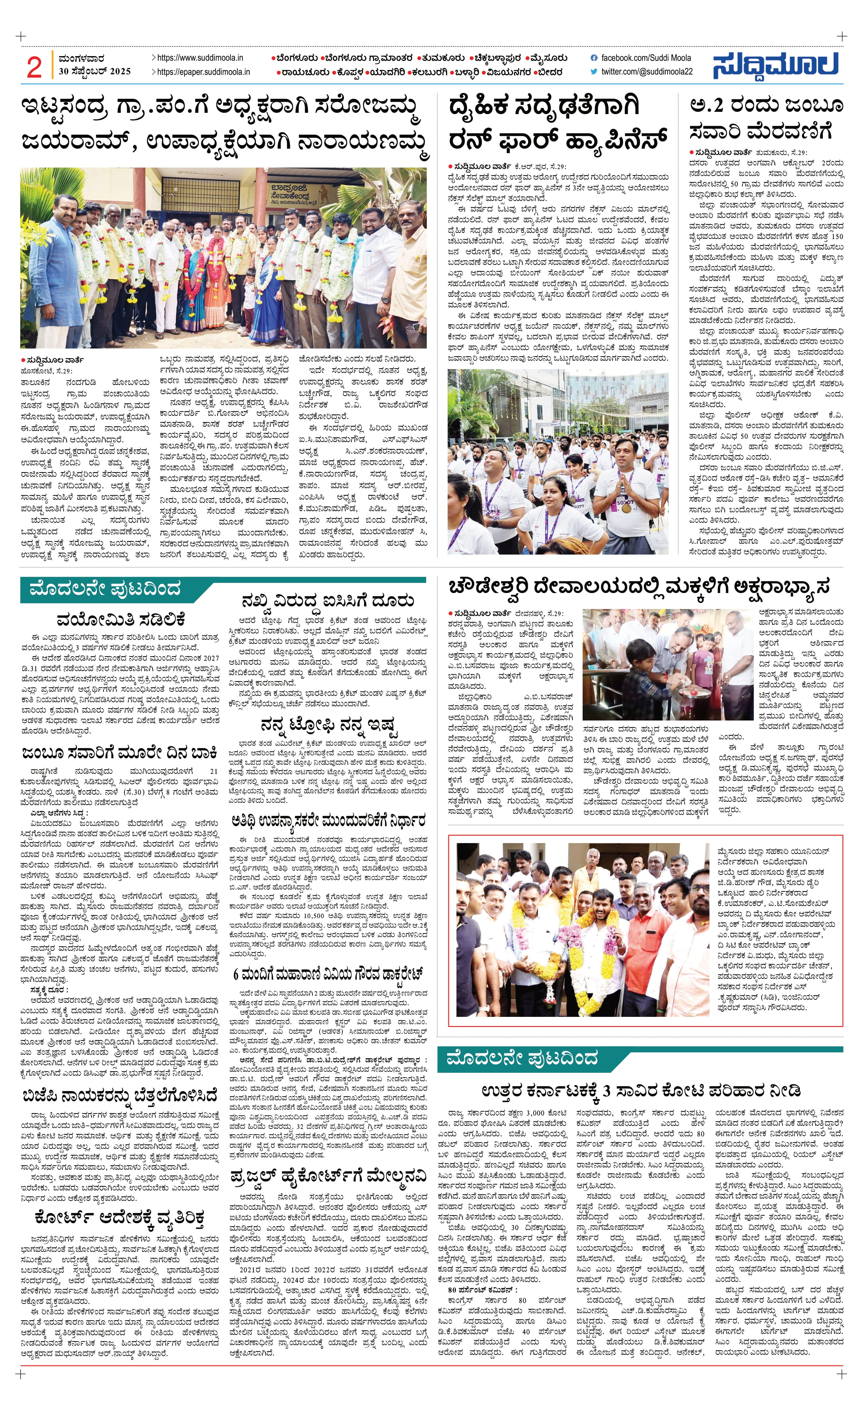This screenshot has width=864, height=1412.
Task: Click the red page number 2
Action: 34,67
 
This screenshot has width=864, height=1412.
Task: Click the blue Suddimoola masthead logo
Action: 776,65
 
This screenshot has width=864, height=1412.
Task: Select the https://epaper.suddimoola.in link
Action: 203,72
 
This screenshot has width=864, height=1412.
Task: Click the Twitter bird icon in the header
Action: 594,72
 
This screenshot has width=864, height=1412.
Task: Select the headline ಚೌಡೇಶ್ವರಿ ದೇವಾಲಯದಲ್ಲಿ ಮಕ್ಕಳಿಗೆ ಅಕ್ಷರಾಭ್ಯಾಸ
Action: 639,587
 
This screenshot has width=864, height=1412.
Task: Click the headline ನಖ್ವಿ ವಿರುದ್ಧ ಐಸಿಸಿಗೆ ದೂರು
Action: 328,601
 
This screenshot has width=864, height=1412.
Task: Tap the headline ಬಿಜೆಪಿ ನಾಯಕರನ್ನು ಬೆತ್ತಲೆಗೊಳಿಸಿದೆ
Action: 120,1096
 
